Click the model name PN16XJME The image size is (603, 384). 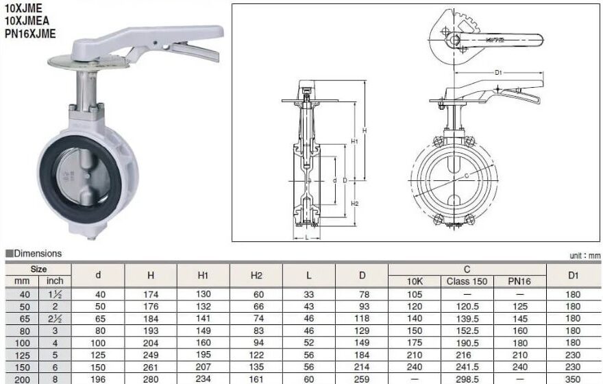click(29, 33)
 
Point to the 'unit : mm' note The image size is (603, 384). click(584, 256)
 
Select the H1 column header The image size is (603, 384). click(203, 275)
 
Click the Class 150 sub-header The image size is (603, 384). click(467, 281)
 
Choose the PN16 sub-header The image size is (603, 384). click(520, 281)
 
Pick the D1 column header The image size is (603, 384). click(574, 275)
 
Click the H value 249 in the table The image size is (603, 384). click(150, 355)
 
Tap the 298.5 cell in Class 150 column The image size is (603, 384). click(467, 379)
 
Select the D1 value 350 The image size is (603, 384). click(574, 379)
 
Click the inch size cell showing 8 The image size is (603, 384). click(55, 379)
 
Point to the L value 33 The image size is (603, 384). click(309, 293)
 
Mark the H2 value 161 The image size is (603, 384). click(256, 379)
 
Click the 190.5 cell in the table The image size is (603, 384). click(467, 343)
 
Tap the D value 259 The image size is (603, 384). click(362, 379)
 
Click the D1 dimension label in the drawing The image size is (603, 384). click(499, 72)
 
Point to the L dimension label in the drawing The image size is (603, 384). click(307, 237)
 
